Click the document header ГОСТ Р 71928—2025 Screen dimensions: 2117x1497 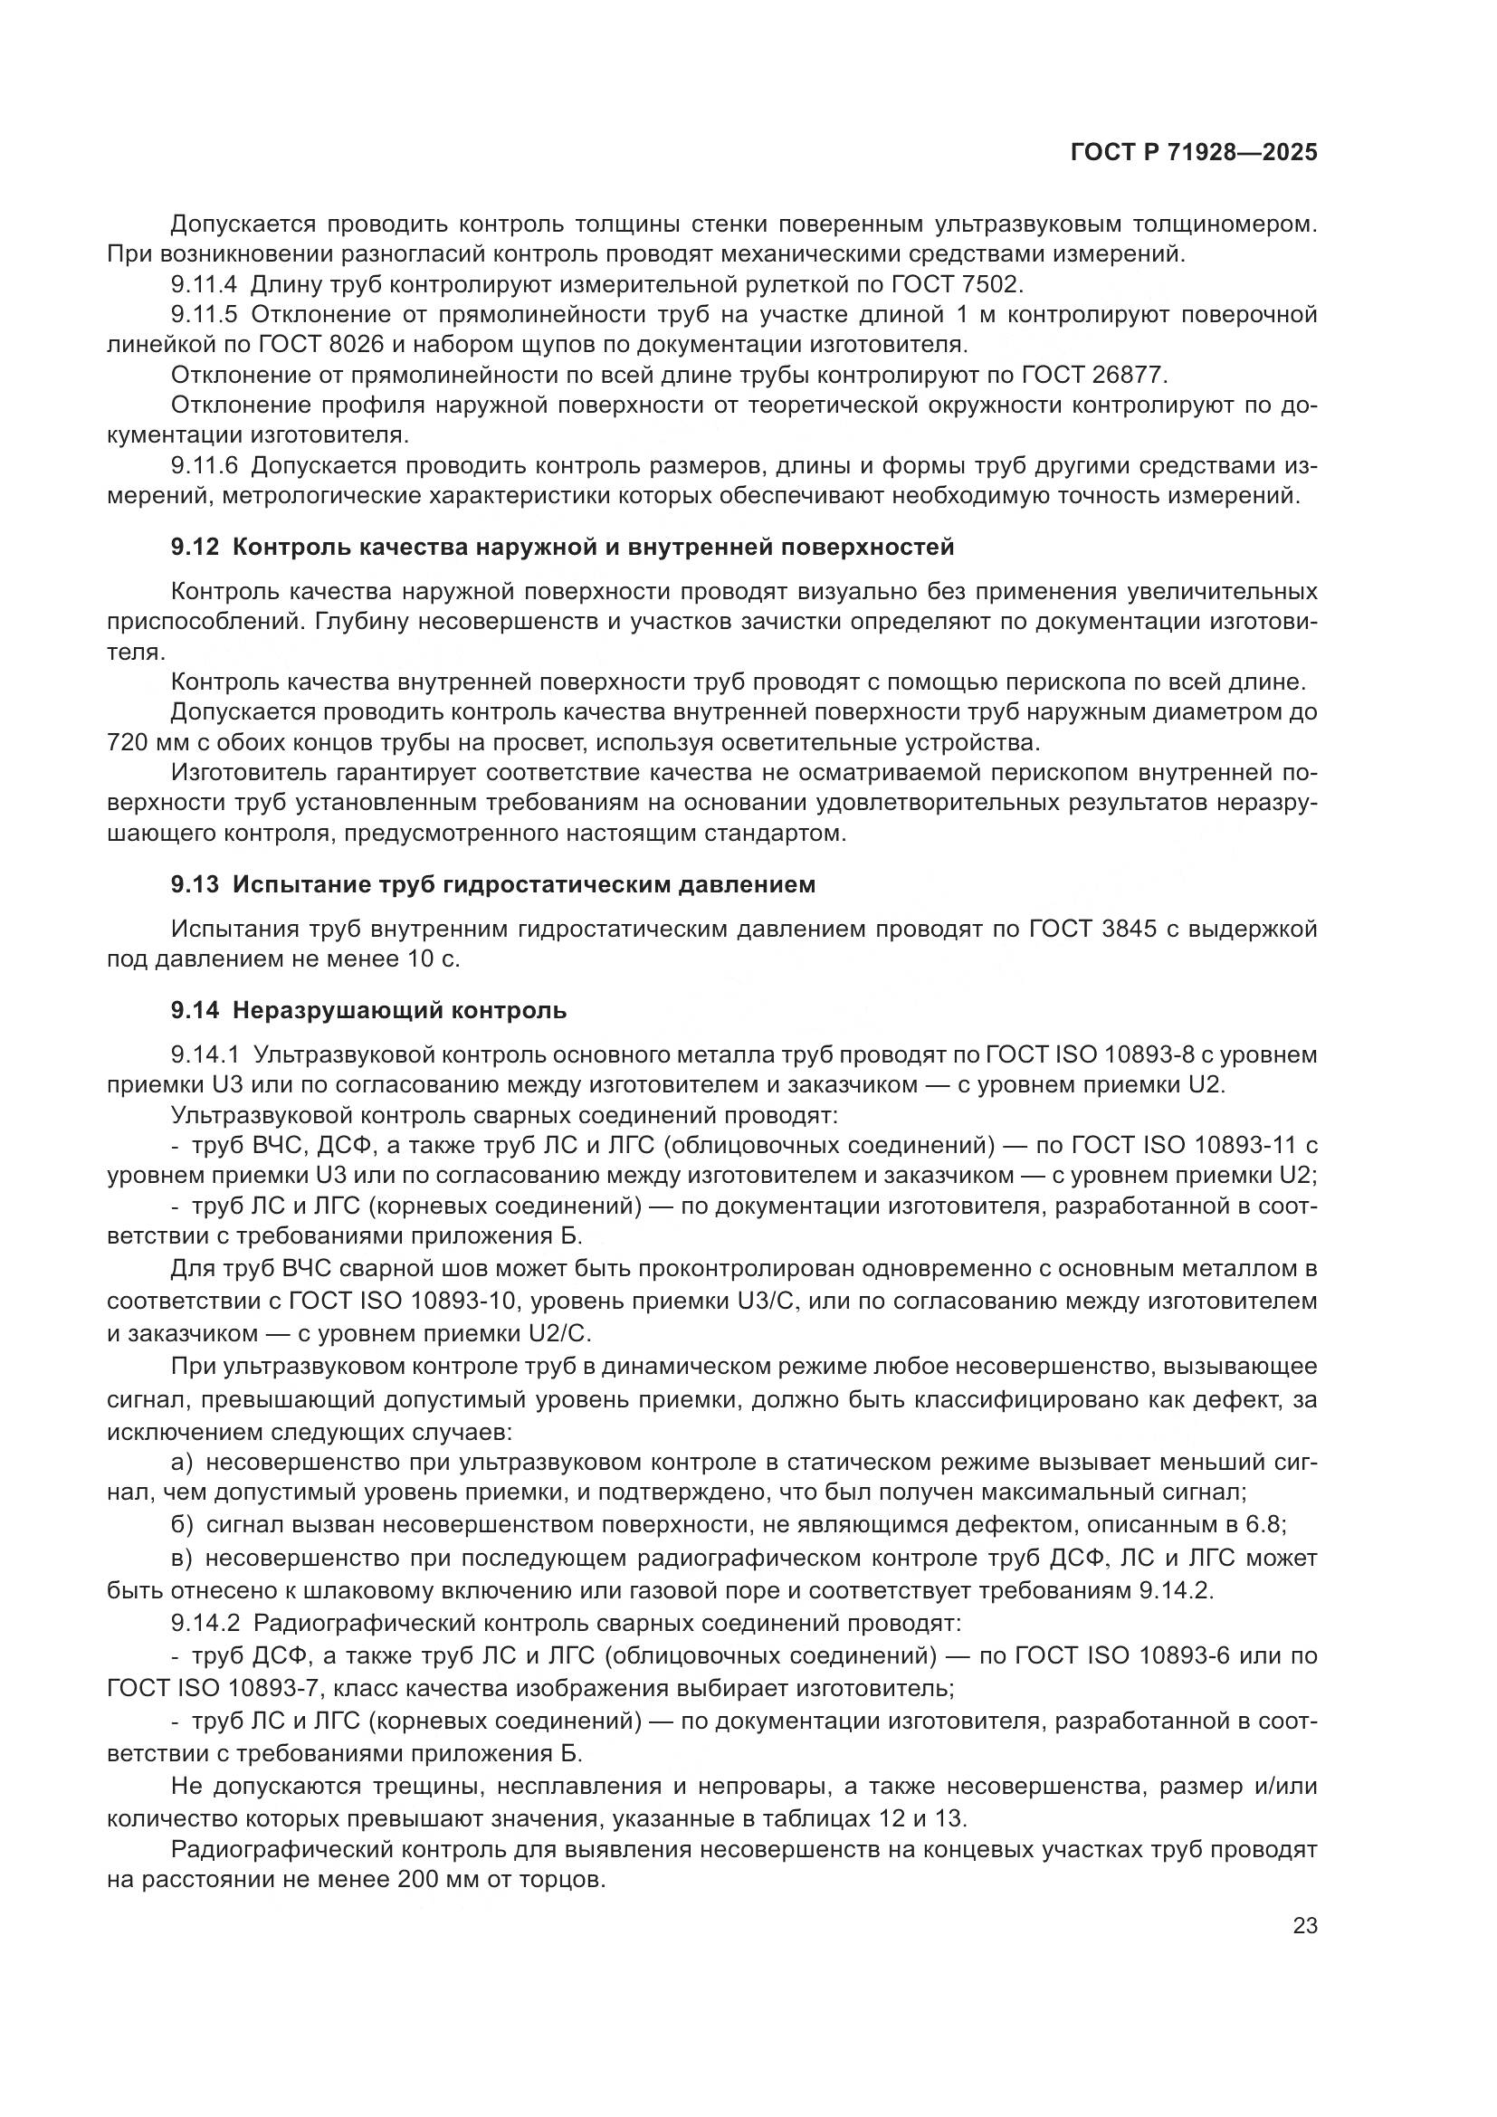point(1194,153)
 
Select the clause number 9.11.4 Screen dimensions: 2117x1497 point(204,284)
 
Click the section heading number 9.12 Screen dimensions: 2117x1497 point(195,547)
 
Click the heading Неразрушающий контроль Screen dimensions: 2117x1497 point(399,1011)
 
